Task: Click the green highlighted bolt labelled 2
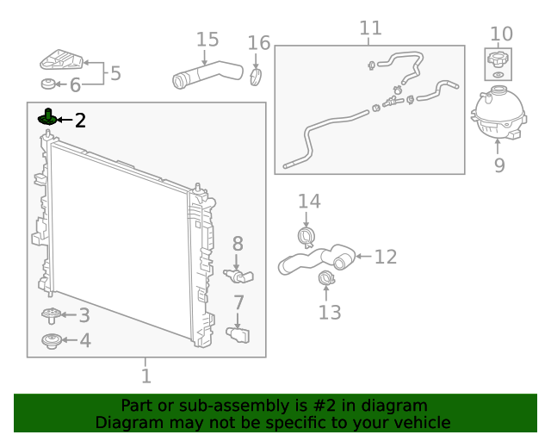(47, 117)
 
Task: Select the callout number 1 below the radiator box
(145, 376)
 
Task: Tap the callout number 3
(84, 316)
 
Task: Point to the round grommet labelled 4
(52, 341)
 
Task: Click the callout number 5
(115, 73)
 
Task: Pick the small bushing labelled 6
(49, 84)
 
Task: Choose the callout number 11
(370, 28)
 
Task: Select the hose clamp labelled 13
(327, 278)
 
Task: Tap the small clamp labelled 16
(255, 78)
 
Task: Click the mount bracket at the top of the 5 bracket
(62, 61)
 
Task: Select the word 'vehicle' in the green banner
(419, 422)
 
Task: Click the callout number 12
(386, 257)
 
